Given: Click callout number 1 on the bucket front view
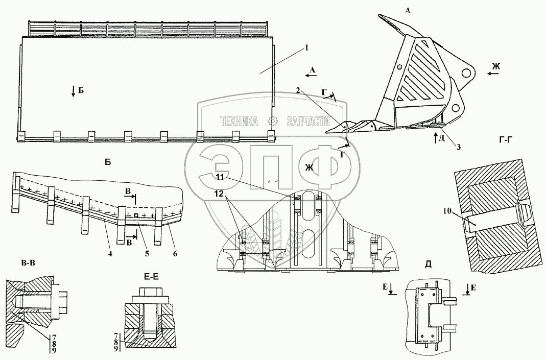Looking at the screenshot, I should coord(306,48).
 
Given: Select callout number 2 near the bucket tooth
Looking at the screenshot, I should coord(298,90).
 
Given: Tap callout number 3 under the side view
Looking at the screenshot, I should coord(458,147).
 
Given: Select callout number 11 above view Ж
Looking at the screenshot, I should coord(220,177).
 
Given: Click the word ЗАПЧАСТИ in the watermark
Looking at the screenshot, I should coord(306,121).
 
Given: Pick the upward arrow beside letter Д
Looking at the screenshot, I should coord(434,137).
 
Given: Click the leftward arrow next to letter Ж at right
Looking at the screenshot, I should coord(493,74).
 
